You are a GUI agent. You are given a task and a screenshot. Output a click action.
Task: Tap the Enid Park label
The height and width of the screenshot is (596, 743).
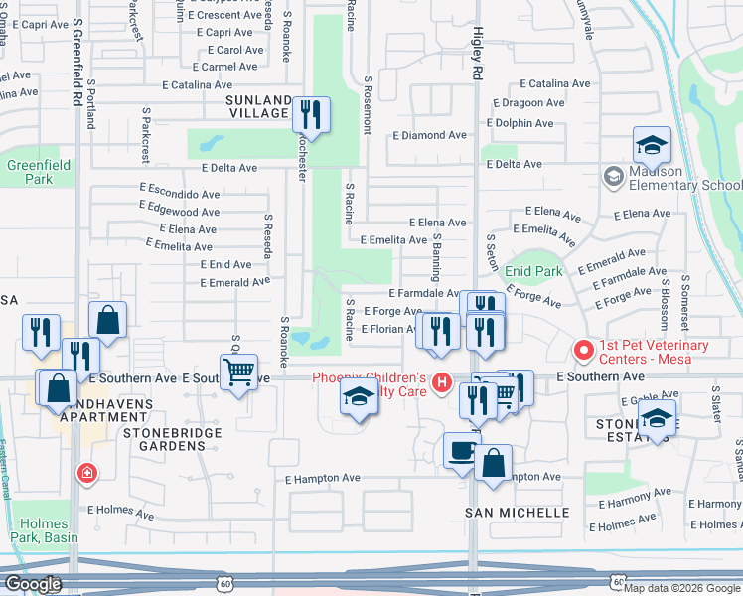[533, 271]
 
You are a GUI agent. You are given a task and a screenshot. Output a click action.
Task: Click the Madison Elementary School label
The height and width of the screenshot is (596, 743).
[684, 178]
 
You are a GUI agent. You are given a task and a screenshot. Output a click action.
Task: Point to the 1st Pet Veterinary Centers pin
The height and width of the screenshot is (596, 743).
[583, 351]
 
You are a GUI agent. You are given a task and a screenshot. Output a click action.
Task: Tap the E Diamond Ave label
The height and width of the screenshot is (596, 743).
[429, 135]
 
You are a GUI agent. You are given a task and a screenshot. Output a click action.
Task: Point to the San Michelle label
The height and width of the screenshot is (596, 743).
[518, 513]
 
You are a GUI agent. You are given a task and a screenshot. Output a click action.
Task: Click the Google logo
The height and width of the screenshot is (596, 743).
[33, 584]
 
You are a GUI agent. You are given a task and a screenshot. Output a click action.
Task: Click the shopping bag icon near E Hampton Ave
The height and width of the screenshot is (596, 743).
[493, 462]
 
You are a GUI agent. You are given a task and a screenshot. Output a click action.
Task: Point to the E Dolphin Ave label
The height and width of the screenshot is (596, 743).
[520, 123]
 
